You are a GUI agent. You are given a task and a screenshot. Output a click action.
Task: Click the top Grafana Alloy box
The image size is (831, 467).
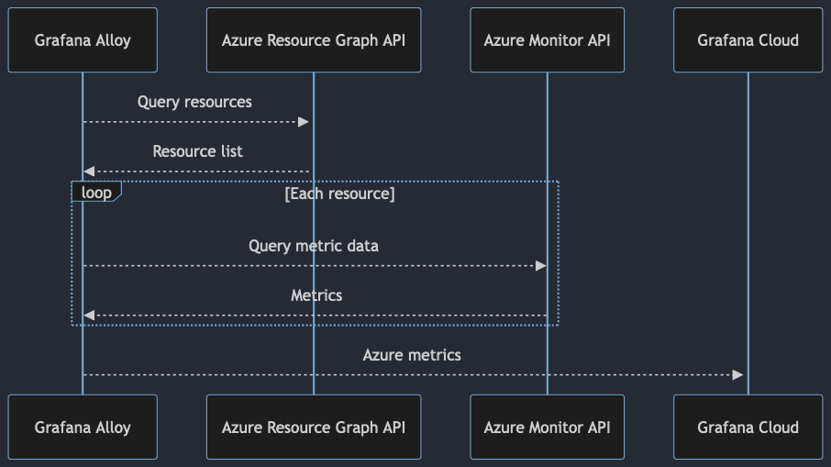tap(83, 40)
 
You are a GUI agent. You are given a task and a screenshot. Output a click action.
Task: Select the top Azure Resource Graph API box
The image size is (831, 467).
tap(314, 40)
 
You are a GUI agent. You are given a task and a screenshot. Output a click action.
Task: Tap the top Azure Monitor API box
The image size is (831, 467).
tap(547, 40)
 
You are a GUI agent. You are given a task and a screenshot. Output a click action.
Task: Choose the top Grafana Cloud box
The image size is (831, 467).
tap(748, 40)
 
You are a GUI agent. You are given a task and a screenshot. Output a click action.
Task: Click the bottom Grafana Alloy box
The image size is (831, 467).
tap(83, 428)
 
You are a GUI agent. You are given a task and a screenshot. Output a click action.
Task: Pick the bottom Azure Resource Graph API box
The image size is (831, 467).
tap(314, 428)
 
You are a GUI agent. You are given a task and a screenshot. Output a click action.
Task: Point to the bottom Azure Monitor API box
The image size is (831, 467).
tap(547, 428)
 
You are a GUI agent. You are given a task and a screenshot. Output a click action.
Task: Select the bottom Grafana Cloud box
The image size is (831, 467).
tap(748, 428)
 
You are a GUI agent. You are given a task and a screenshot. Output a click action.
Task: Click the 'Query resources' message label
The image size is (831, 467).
tap(194, 102)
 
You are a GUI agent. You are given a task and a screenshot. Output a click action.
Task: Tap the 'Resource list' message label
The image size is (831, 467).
tap(197, 151)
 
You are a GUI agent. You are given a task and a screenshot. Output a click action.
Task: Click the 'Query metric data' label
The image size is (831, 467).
tap(314, 246)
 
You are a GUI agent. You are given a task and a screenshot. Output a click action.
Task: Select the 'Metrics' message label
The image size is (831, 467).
tap(316, 295)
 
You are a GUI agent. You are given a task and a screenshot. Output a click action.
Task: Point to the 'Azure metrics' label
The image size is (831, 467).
tap(412, 355)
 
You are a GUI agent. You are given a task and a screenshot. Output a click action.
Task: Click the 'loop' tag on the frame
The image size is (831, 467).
tap(96, 193)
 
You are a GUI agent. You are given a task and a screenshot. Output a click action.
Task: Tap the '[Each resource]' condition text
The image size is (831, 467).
tap(339, 195)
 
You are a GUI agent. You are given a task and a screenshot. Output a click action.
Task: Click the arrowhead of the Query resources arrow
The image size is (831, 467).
tap(304, 122)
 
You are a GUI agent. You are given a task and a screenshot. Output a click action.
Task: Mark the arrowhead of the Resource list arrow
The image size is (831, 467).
tap(89, 172)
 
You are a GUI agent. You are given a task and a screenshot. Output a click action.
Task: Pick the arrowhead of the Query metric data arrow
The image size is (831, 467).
tap(540, 265)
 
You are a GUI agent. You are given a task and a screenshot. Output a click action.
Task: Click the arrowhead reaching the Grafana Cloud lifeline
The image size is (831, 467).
tap(737, 374)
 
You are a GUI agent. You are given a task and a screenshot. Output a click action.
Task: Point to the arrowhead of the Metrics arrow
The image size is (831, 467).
tap(89, 315)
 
